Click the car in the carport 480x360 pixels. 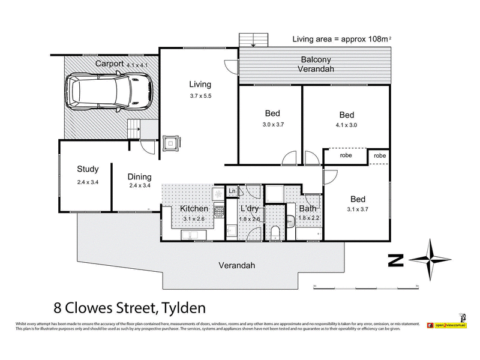(110, 91)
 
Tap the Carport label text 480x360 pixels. (109, 64)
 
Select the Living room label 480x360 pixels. (200, 84)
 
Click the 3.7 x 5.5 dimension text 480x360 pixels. (200, 96)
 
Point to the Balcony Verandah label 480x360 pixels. (316, 65)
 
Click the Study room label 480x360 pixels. (88, 169)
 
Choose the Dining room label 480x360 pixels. (139, 177)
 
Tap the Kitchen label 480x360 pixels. (194, 209)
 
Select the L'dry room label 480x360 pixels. (249, 209)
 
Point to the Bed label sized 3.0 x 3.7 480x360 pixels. (272, 113)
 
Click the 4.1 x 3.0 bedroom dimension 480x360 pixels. (346, 127)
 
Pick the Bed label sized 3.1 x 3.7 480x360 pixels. (358, 199)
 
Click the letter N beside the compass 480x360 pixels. (395, 260)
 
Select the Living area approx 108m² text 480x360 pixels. (341, 39)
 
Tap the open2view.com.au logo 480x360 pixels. (447, 325)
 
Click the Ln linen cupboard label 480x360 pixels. (232, 191)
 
